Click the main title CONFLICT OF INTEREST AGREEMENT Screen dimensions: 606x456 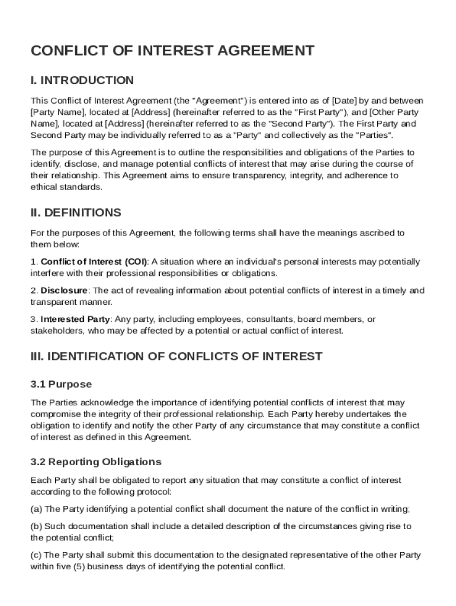pos(172,51)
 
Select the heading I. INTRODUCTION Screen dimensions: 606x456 pos(82,80)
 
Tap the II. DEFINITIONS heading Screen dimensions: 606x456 pos(76,212)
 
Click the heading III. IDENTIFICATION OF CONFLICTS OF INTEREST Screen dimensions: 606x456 pos(176,356)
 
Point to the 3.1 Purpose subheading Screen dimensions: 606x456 pos(61,384)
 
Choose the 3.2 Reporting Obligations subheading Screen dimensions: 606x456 pos(96,462)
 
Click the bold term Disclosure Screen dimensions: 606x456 pos(64,291)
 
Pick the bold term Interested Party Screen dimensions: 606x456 pos(75,320)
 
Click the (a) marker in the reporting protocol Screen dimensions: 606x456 pos(36,509)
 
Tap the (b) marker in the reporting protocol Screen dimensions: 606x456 pos(36,526)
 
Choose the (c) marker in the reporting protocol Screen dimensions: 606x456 pos(36,555)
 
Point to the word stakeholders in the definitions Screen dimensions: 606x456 pos(56,331)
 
